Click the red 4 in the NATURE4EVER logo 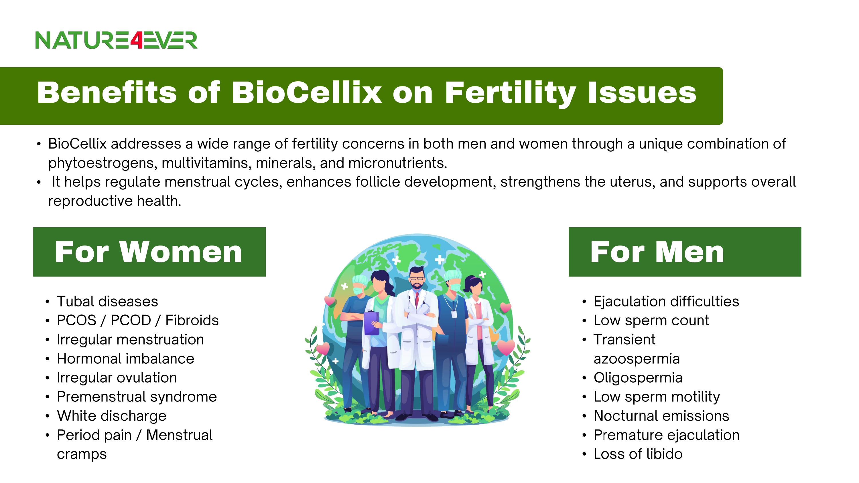tap(137, 40)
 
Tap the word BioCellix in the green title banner tap(306, 92)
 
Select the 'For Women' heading tap(148, 252)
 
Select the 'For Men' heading tap(657, 252)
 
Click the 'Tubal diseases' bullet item tap(107, 301)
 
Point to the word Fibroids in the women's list tap(192, 320)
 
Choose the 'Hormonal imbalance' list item tap(125, 359)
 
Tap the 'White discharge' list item tap(111, 416)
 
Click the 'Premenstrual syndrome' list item tap(137, 397)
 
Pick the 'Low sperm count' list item tap(651, 320)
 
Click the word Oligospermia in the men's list tap(638, 378)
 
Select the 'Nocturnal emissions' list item tap(661, 416)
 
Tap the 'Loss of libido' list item tap(638, 454)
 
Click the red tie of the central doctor tap(417, 300)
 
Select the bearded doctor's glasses tap(417, 278)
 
